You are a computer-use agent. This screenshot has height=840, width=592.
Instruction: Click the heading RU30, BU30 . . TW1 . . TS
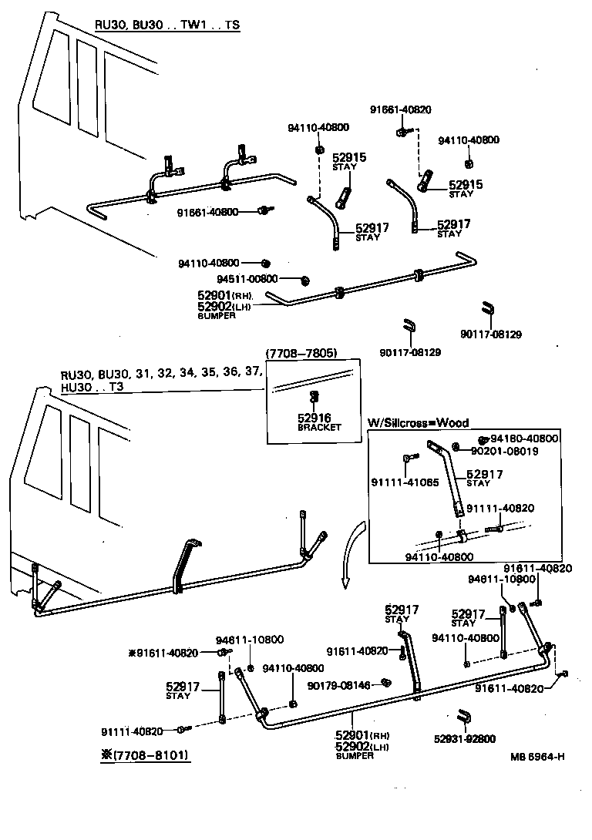[x=167, y=25]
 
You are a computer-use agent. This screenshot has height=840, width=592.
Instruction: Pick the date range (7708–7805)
[x=301, y=353]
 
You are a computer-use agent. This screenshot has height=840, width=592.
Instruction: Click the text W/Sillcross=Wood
[x=418, y=423]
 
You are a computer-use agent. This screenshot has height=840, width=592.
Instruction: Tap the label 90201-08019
[x=504, y=450]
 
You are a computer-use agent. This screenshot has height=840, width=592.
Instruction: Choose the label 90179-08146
[x=338, y=684]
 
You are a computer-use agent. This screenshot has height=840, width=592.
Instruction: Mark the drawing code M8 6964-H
[x=536, y=755]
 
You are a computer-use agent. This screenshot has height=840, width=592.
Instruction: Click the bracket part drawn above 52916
[x=314, y=397]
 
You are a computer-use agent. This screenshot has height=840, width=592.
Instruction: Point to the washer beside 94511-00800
[x=305, y=278]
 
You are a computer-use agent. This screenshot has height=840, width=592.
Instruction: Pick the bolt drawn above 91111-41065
[x=406, y=460]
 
